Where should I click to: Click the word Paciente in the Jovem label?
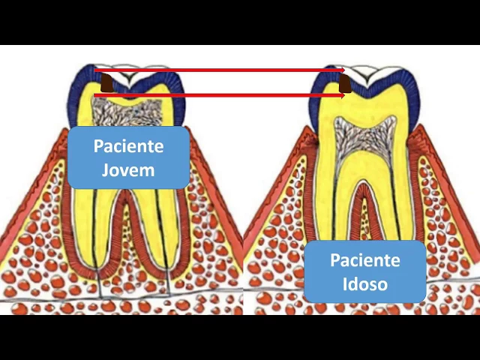(x=128, y=146)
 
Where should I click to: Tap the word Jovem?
(x=128, y=169)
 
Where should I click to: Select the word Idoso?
(x=365, y=284)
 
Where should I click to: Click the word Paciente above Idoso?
(x=365, y=261)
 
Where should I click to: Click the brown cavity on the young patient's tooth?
(x=107, y=82)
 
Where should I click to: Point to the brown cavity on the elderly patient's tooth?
(x=345, y=82)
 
